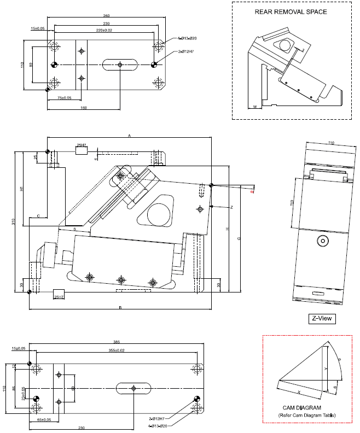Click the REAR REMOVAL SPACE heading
(291, 11)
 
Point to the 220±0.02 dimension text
(104, 31)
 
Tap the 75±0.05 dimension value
(65, 98)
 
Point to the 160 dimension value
(84, 108)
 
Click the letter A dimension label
(130, 134)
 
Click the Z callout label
(232, 207)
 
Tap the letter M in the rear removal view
(255, 108)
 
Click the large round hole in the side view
(158, 212)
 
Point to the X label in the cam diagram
(299, 392)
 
